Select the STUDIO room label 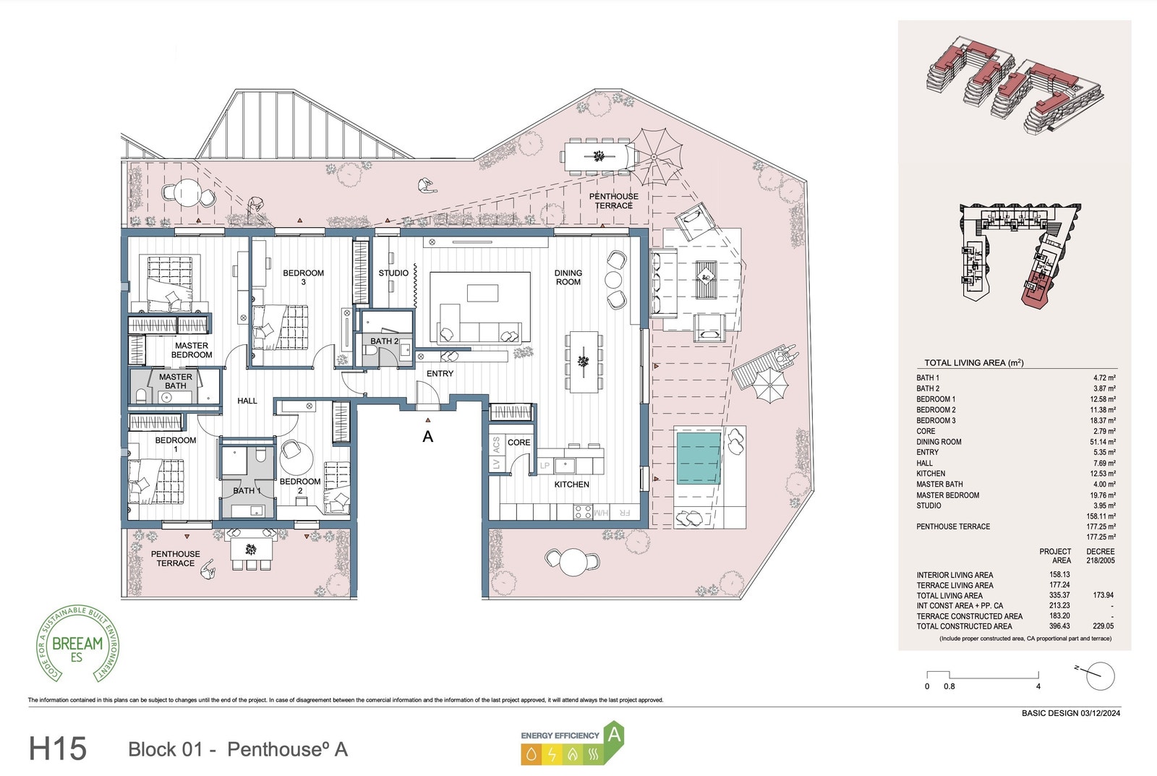(x=393, y=273)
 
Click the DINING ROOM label (x=568, y=278)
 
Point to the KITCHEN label (x=571, y=485)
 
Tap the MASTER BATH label (x=176, y=381)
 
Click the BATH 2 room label (x=384, y=341)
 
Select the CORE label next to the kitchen (x=518, y=443)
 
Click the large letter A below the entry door (x=428, y=437)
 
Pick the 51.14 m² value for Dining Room (x=1102, y=442)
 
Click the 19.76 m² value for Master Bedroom (x=1102, y=495)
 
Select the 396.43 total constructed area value (x=1059, y=626)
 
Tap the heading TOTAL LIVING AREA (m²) (x=973, y=363)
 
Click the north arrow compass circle (x=1100, y=677)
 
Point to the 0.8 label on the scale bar (x=949, y=686)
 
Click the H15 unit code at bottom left (x=58, y=749)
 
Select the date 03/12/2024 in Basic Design (x=1101, y=713)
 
